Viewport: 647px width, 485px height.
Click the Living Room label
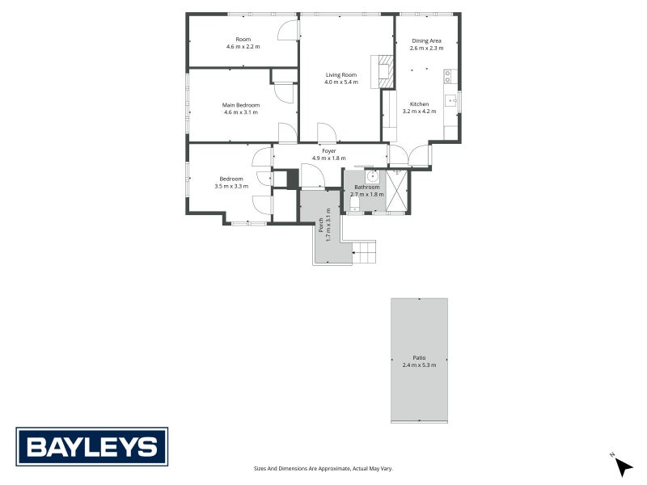click(x=340, y=74)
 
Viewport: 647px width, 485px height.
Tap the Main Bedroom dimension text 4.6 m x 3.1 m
click(x=241, y=112)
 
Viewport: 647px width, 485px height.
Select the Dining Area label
click(x=426, y=40)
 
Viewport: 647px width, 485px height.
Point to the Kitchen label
click(x=419, y=104)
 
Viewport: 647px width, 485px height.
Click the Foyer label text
click(x=328, y=151)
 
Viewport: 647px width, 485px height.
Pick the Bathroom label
click(x=366, y=188)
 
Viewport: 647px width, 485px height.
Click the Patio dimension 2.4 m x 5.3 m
click(x=419, y=365)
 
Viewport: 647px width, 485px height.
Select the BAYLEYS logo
click(x=92, y=447)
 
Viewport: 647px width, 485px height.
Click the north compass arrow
click(x=623, y=466)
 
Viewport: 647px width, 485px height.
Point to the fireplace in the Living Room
click(x=383, y=71)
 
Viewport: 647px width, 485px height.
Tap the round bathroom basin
click(x=372, y=176)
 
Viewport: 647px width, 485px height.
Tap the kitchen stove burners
click(x=447, y=78)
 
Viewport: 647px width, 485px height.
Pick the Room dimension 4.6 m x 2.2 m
click(x=243, y=47)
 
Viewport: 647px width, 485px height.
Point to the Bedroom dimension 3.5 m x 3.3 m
click(x=230, y=187)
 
